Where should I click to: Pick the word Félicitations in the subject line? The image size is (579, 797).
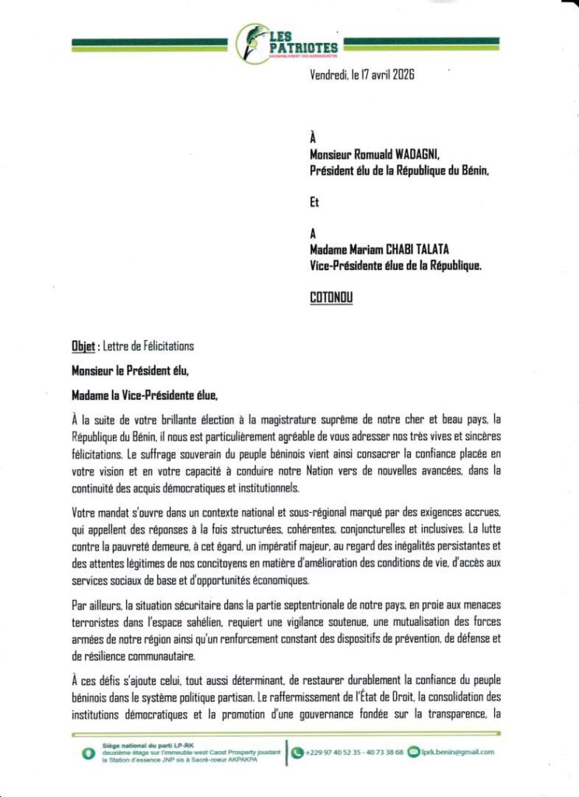click(x=164, y=346)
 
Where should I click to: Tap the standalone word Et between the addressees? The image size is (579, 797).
click(x=315, y=205)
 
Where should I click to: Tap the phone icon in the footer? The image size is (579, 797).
click(x=297, y=753)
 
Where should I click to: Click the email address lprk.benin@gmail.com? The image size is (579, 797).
click(x=458, y=753)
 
